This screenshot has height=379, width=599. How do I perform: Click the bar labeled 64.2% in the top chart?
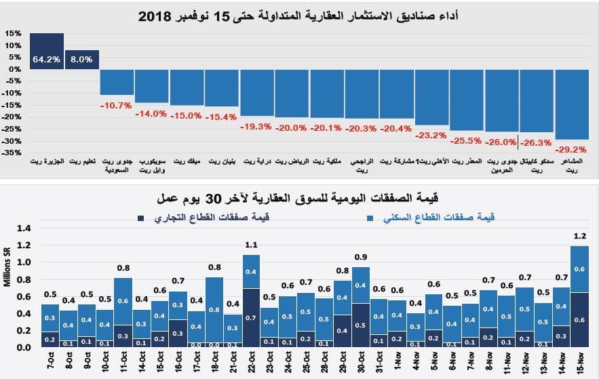47,51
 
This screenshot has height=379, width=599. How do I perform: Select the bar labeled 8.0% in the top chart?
81,59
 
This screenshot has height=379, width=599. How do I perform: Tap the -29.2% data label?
571,149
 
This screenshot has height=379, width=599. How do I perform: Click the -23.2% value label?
431,135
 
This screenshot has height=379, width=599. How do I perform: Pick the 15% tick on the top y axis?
12,33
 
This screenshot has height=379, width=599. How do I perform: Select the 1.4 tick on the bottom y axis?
24,228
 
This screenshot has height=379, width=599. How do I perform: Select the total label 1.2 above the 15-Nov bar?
579,237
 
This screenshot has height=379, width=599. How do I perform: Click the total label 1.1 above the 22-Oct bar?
251,245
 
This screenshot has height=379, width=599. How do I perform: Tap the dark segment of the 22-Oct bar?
251,317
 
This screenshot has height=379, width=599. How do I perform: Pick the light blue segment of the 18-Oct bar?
214,309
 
